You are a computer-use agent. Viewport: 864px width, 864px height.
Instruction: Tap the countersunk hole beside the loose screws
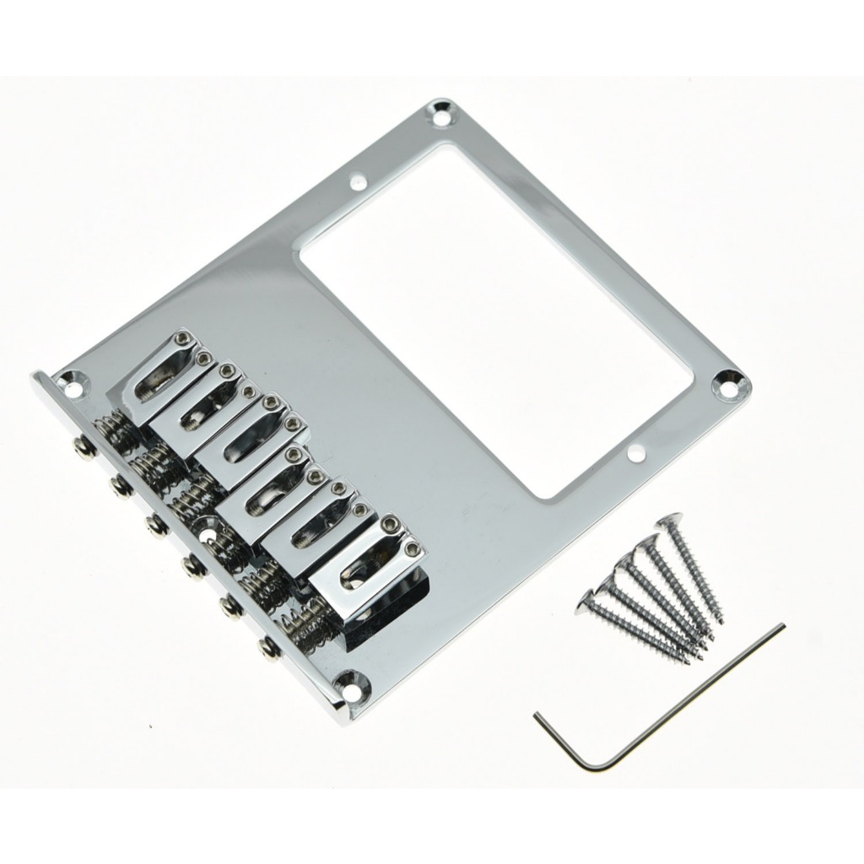[x=730, y=385]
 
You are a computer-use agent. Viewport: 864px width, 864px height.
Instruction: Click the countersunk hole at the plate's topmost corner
[x=441, y=115]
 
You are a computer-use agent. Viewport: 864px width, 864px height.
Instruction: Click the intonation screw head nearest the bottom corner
[x=268, y=648]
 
